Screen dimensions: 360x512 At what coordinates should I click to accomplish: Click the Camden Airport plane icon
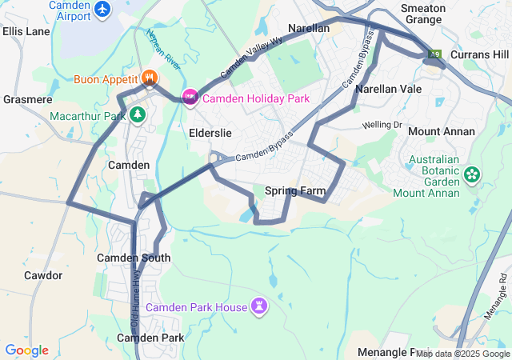tap(102, 9)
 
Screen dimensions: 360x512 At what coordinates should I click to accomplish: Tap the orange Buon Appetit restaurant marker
tap(150, 78)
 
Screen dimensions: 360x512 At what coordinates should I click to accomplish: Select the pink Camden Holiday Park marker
tap(190, 98)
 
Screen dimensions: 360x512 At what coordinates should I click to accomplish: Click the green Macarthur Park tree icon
tap(138, 115)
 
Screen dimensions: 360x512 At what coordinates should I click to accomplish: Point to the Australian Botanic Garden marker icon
tap(471, 174)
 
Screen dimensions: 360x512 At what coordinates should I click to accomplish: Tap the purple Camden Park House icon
tap(259, 306)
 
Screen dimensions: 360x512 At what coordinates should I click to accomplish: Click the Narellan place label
tap(309, 28)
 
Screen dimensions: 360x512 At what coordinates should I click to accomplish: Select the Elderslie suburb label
tap(211, 132)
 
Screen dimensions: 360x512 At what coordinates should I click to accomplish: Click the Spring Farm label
tap(295, 191)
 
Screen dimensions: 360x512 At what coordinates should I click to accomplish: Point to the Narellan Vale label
tap(389, 90)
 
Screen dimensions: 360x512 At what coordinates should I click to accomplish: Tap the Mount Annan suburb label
tap(441, 131)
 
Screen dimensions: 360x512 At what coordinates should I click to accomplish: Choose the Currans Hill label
tap(479, 54)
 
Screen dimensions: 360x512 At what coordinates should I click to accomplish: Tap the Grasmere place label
tap(27, 100)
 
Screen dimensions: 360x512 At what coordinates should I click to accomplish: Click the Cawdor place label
tap(43, 275)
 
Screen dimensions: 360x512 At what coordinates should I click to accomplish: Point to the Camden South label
tap(134, 258)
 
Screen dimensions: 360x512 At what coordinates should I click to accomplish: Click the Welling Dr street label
tap(382, 125)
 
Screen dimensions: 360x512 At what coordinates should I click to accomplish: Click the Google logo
tap(26, 350)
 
